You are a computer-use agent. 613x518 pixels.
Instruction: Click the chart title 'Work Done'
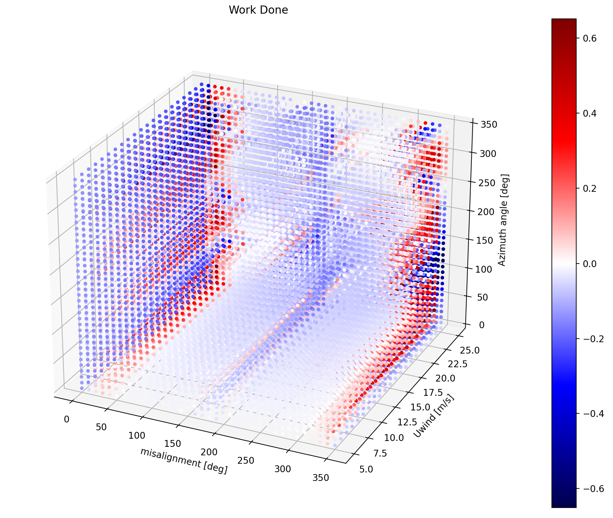tap(258, 10)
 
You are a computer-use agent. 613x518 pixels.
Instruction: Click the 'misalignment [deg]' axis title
tap(184, 460)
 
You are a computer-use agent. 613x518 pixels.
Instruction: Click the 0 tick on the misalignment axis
tap(66, 419)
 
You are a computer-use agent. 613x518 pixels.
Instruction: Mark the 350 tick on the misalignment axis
tap(321, 478)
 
